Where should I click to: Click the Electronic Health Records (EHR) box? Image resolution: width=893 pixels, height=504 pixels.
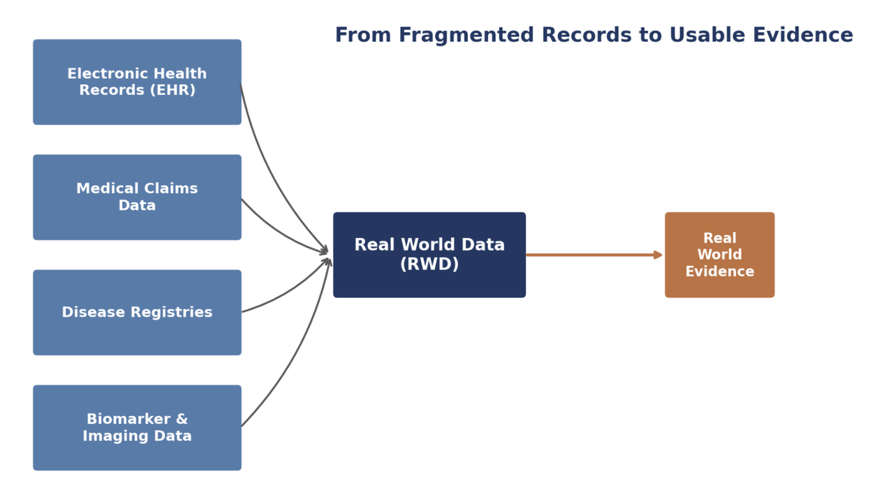tap(137, 82)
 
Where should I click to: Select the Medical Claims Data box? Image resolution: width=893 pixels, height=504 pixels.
tap(137, 198)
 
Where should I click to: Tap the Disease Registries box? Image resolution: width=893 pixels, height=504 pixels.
tap(137, 313)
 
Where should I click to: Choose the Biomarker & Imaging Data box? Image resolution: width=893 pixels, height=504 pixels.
tap(137, 428)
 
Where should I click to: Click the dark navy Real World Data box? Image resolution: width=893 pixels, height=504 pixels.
tap(429, 255)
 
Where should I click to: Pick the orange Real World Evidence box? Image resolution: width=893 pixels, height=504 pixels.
tap(720, 255)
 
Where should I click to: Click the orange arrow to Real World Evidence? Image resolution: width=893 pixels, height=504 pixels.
tap(594, 255)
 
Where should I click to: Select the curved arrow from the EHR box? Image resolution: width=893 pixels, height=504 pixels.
tap(272, 180)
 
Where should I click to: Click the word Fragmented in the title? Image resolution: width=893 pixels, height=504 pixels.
tap(466, 35)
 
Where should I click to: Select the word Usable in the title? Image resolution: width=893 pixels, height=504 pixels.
tap(707, 35)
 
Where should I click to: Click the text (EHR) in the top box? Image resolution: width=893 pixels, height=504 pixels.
tap(172, 90)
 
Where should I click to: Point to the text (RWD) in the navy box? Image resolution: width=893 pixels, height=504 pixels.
tap(429, 264)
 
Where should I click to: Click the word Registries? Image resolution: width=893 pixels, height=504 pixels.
tap(172, 312)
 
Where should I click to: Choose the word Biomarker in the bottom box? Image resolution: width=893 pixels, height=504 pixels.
tap(128, 419)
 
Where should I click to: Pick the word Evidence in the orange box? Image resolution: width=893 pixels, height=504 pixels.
tap(720, 272)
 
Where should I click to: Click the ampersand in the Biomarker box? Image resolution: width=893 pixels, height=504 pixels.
tap(182, 419)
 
